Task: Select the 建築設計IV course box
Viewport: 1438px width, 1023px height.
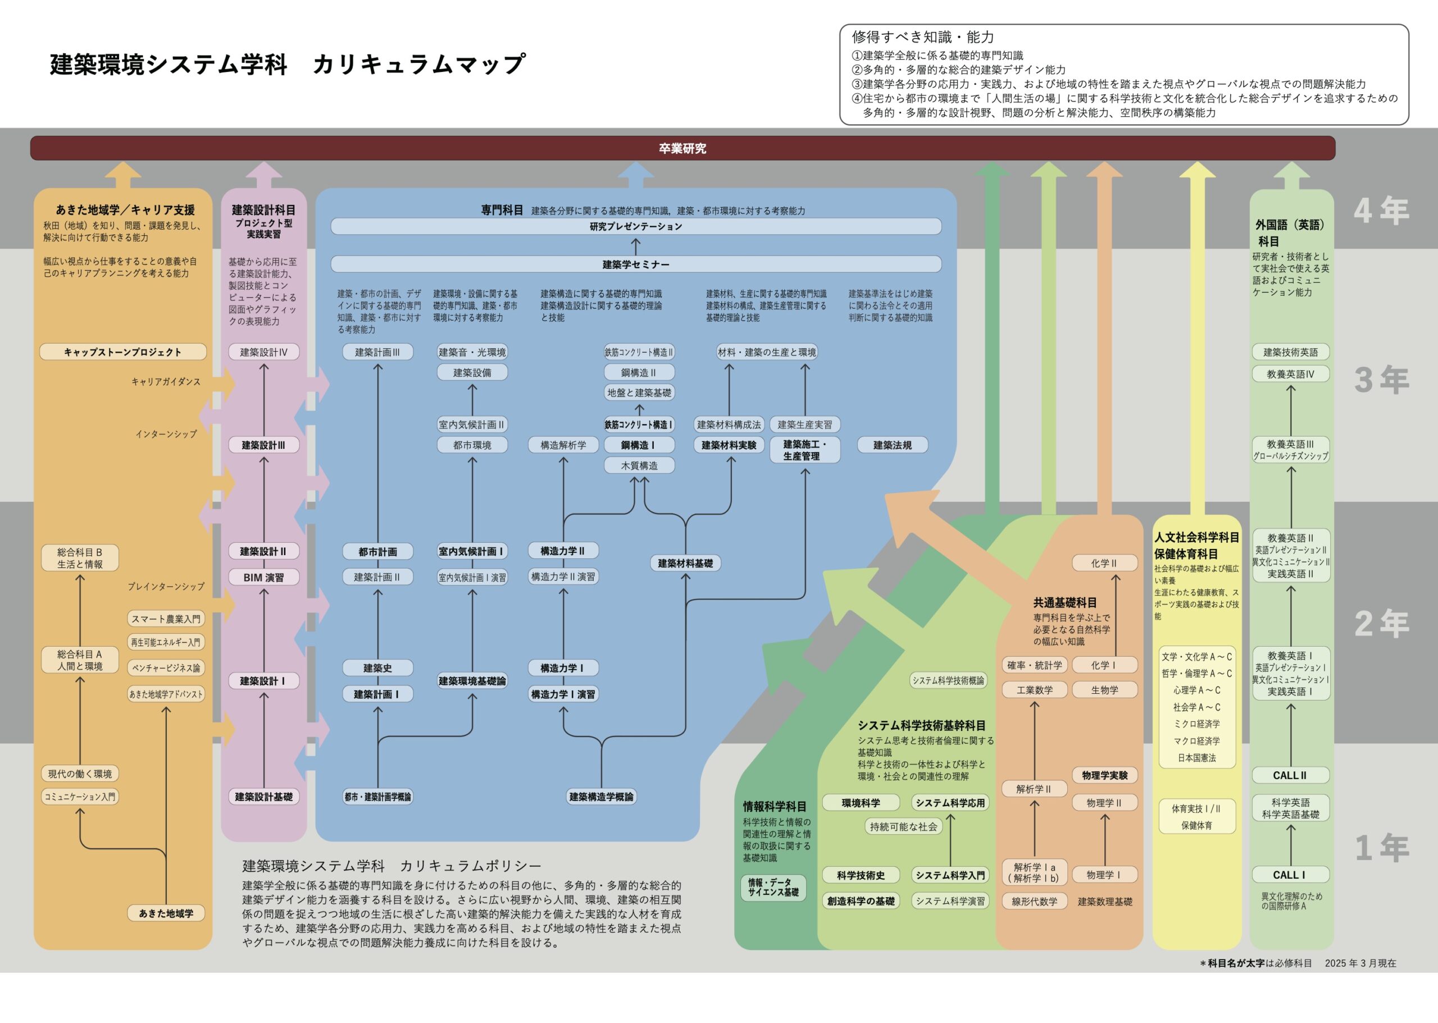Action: point(263,352)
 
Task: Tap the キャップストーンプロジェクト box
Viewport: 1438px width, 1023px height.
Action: point(123,352)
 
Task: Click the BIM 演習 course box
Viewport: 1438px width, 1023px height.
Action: point(263,577)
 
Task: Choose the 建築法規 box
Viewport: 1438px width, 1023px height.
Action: point(892,445)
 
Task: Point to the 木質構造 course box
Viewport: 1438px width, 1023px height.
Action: point(639,466)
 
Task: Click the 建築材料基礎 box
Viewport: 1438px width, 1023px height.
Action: point(685,563)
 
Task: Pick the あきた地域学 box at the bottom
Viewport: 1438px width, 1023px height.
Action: point(166,913)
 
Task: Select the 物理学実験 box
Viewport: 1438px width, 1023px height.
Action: point(1105,775)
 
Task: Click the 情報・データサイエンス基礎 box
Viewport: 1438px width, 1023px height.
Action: point(773,887)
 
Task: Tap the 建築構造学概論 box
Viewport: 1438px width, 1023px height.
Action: point(601,797)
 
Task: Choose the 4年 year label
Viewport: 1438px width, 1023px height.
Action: point(1381,211)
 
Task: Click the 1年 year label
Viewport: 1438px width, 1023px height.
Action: point(1381,847)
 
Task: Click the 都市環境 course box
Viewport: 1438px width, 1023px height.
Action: point(472,445)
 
